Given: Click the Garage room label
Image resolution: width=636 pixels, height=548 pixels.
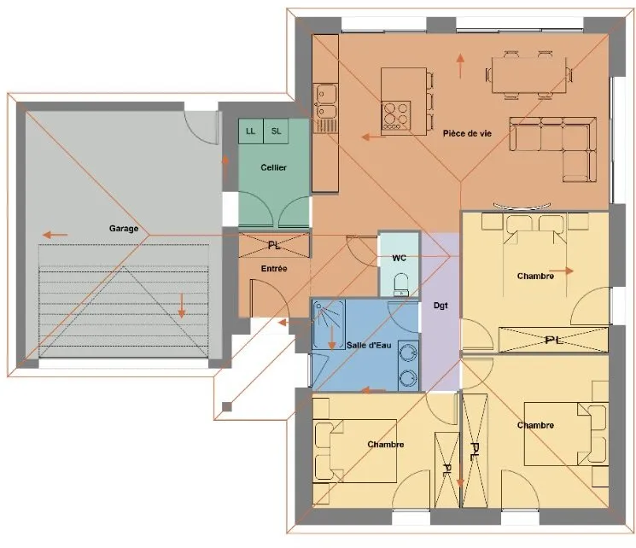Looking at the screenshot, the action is coord(124,229).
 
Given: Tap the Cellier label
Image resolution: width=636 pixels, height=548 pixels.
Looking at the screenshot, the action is coord(273,167).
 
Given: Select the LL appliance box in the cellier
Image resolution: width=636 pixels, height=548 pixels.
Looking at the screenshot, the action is coord(251,131).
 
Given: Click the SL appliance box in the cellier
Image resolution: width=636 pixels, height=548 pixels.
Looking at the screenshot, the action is coord(276,131).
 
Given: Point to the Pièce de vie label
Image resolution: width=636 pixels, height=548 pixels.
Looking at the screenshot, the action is coord(467,133).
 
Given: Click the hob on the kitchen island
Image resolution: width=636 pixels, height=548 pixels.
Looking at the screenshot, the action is coord(396,115).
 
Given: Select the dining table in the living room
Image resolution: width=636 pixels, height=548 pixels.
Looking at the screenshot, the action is coord(529,75).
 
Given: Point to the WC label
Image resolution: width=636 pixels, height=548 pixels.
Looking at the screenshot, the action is coord(400,258).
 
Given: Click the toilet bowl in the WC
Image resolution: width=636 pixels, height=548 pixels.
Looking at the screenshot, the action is coord(401,284).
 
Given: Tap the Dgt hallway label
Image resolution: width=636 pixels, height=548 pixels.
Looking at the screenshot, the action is coord(441,306).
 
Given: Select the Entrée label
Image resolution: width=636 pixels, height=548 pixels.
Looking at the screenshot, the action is coord(274,269).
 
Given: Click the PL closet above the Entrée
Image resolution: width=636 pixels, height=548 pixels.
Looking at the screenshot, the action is coord(274,245).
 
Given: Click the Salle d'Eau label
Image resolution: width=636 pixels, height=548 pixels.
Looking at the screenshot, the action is coord(369,345).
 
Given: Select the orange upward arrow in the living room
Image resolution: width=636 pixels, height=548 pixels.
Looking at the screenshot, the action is coord(460,66).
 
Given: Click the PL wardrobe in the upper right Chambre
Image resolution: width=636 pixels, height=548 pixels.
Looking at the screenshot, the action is coord(553,340).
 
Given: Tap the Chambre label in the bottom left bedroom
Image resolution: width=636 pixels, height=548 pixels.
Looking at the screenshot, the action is coord(386,445).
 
